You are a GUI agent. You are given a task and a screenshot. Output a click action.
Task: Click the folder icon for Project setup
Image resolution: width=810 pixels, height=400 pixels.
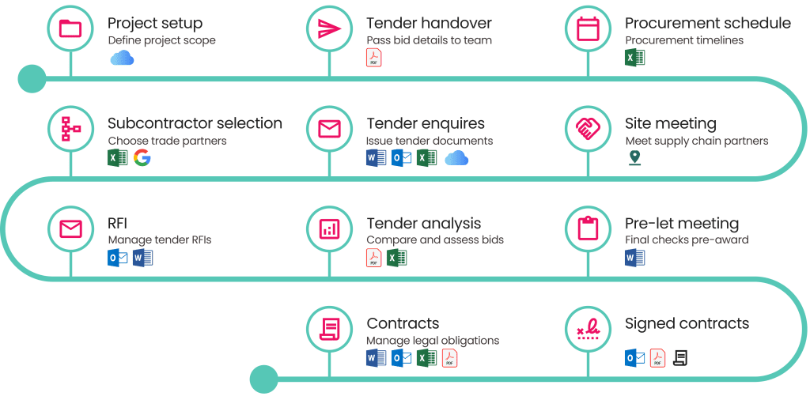pos(70,28)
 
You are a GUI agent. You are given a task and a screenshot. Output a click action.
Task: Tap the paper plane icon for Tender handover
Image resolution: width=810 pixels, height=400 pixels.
pos(329,28)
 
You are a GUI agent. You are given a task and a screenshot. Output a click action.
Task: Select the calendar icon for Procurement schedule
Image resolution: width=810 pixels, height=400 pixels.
pos(588,28)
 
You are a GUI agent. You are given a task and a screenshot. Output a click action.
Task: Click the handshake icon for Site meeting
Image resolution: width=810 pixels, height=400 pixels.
pos(588,129)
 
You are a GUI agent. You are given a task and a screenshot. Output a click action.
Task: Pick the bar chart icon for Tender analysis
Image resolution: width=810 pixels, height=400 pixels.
pos(329,228)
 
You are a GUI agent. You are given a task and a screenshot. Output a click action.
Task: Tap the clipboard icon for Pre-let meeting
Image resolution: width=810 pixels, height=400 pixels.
pos(588,228)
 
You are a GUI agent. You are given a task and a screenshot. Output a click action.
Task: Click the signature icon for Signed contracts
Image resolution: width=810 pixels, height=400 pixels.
pos(588,330)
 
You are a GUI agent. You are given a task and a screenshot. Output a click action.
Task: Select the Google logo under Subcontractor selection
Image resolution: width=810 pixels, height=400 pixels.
pos(142,157)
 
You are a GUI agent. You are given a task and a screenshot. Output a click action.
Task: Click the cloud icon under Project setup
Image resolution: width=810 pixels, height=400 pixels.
pos(122,58)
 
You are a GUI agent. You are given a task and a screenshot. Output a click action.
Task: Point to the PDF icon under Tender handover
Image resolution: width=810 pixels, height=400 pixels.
pos(374,57)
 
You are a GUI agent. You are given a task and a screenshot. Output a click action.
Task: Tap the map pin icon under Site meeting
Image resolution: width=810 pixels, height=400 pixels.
pos(634,158)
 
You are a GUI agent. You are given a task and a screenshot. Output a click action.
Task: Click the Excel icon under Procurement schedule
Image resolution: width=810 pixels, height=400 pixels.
pos(635,57)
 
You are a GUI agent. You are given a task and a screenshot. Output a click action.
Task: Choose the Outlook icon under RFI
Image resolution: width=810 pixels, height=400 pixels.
pos(118,258)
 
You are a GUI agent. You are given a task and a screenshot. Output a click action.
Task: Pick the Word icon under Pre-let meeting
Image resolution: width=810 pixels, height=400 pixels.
pos(635,258)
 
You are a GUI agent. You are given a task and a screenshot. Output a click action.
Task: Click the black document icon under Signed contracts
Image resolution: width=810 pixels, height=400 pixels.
pos(681,357)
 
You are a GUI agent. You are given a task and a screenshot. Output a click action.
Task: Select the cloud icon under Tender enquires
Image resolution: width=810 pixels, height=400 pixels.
pos(456,158)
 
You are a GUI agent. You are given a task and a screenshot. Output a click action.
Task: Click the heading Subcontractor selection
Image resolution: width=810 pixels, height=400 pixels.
pos(195,123)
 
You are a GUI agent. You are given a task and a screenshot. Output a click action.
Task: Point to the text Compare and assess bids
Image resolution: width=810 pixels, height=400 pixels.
pos(435,240)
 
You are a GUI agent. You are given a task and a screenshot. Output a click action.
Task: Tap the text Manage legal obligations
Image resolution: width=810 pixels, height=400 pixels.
pos(433,341)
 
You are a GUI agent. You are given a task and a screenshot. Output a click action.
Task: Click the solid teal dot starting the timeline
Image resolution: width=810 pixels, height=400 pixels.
pos(32,79)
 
